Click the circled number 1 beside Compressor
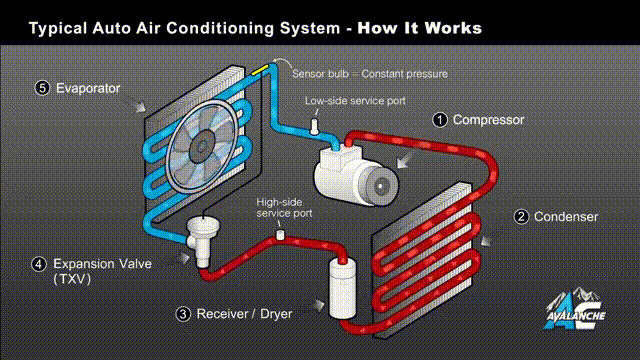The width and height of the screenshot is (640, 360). point(440,120)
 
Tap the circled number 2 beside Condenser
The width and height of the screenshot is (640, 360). point(521,217)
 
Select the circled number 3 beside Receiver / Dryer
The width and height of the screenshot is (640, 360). point(183,314)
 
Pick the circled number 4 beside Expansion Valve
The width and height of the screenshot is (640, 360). point(39,264)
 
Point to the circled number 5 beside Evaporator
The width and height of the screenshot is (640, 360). point(42,88)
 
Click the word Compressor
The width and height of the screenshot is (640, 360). point(488,120)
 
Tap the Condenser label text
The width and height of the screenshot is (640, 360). point(566,217)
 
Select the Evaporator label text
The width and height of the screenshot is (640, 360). point(88,88)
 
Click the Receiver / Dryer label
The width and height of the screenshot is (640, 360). point(244,314)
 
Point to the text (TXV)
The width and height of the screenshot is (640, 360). point(72,279)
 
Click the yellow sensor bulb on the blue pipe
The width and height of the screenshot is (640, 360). point(260,69)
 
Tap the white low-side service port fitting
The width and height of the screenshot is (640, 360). point(314,127)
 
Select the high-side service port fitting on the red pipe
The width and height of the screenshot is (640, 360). point(280,235)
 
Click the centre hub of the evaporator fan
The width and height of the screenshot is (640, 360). point(202,147)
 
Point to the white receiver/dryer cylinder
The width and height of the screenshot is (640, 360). point(342,288)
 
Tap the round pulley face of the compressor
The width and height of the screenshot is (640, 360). point(382,186)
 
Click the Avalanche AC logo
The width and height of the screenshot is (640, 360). point(575,309)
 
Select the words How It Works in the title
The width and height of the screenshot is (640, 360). point(420,28)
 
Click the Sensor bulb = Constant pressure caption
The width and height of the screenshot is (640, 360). point(370,74)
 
